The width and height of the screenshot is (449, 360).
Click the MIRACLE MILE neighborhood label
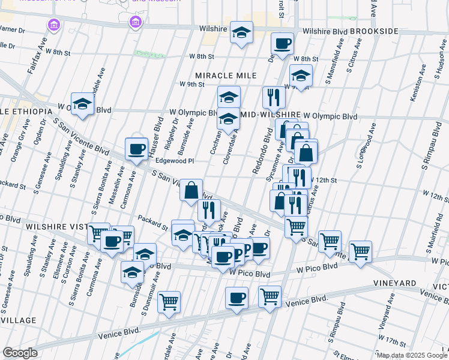[x=225, y=76]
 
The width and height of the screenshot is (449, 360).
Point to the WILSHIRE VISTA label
[x=50, y=227]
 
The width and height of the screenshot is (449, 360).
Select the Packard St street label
[x=152, y=223]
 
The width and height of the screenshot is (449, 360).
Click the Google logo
[x=20, y=353]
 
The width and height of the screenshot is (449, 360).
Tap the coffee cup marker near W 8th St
[x=282, y=43]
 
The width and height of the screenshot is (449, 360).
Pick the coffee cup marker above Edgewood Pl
[x=136, y=149]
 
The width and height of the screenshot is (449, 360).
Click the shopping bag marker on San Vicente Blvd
[x=191, y=190]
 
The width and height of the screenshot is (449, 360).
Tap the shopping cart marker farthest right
[x=360, y=251]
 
